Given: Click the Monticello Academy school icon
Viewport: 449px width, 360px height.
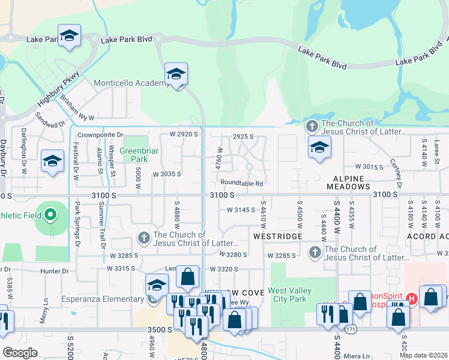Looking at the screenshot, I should [176, 74].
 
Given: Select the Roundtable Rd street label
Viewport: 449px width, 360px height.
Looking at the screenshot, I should [242, 183].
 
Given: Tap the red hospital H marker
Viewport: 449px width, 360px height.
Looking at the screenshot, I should [412, 298].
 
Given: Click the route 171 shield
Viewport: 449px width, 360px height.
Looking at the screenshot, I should [349, 329].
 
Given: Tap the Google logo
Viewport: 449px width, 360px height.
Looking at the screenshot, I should [19, 353].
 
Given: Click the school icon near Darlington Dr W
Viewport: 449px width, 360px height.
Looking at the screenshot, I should [52, 161].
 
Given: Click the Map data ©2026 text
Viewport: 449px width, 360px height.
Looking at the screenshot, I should [423, 355].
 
